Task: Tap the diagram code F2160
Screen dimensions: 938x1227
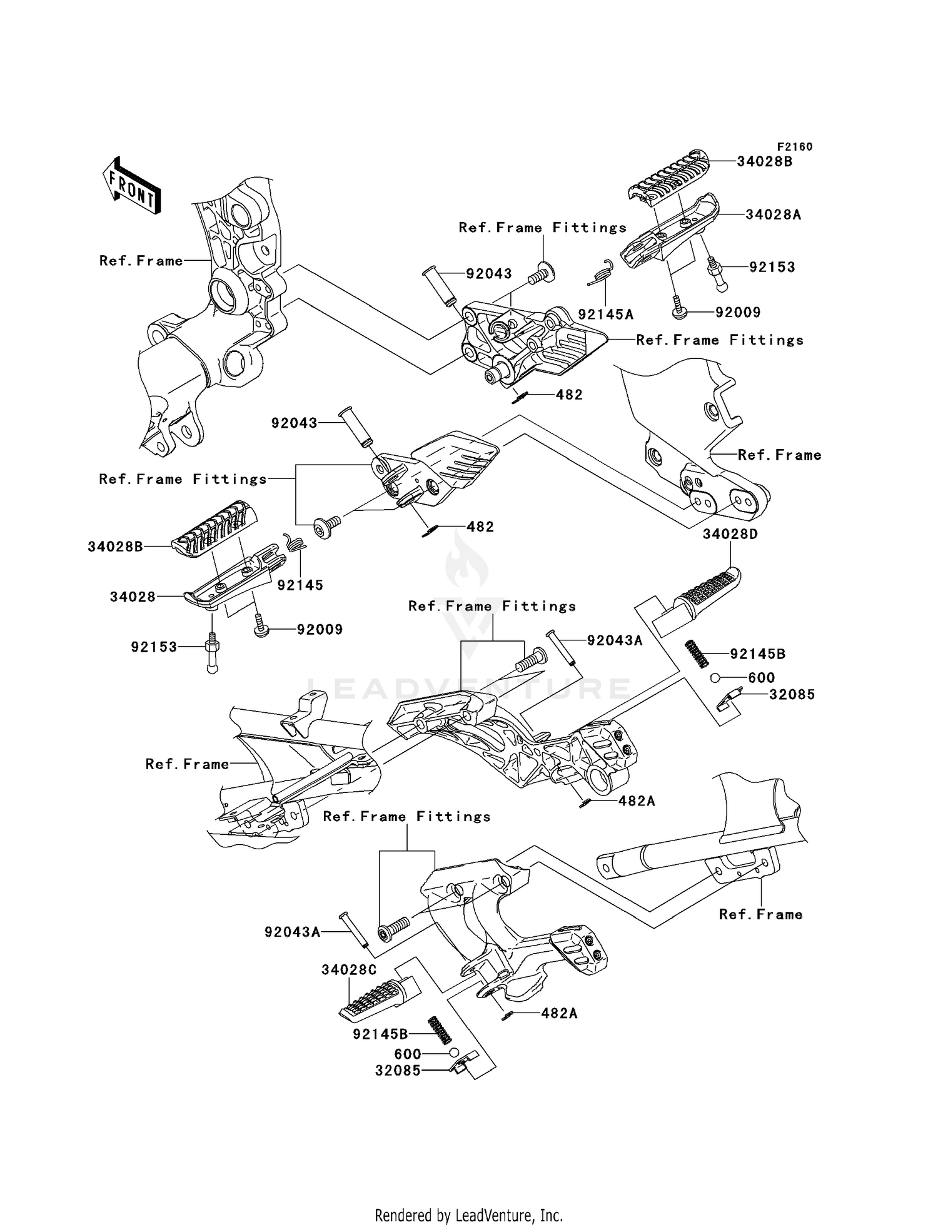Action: [x=795, y=147]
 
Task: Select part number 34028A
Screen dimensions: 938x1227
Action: [x=773, y=215]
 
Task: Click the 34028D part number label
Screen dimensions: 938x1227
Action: [x=730, y=534]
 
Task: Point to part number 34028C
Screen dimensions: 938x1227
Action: [x=350, y=969]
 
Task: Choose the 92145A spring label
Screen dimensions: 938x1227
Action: [x=605, y=315]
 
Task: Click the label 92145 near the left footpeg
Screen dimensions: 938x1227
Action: [x=301, y=585]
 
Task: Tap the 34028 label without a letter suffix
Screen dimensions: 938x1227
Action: [x=133, y=597]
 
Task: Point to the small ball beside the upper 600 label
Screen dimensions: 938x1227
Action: [x=715, y=678]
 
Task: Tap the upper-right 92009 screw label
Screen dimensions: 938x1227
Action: [x=739, y=312]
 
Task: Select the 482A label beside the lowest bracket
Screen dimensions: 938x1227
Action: [x=560, y=1013]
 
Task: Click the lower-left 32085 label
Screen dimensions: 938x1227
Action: [x=398, y=1070]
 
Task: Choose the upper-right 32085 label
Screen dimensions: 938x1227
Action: [x=792, y=694]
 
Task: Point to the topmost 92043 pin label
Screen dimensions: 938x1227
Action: [x=489, y=273]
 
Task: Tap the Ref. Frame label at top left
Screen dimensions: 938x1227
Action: [x=141, y=260]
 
